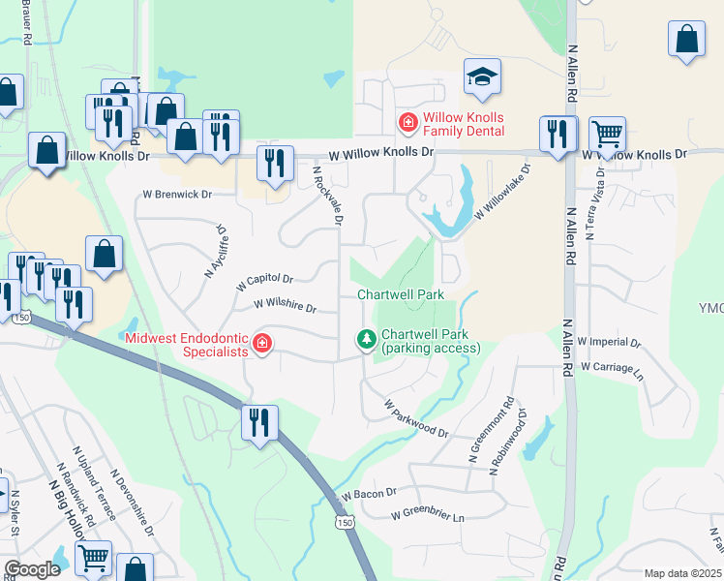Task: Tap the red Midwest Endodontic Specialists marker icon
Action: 261,343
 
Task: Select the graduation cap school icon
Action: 481,76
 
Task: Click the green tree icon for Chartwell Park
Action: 366,338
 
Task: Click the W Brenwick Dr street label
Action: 177,194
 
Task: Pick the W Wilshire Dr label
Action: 286,305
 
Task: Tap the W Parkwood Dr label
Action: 416,417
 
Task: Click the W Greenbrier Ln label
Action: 428,516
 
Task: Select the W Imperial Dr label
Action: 609,342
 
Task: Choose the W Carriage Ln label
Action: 612,369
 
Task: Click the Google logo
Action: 32,569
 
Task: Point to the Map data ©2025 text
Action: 681,573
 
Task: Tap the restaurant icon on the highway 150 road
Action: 258,423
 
